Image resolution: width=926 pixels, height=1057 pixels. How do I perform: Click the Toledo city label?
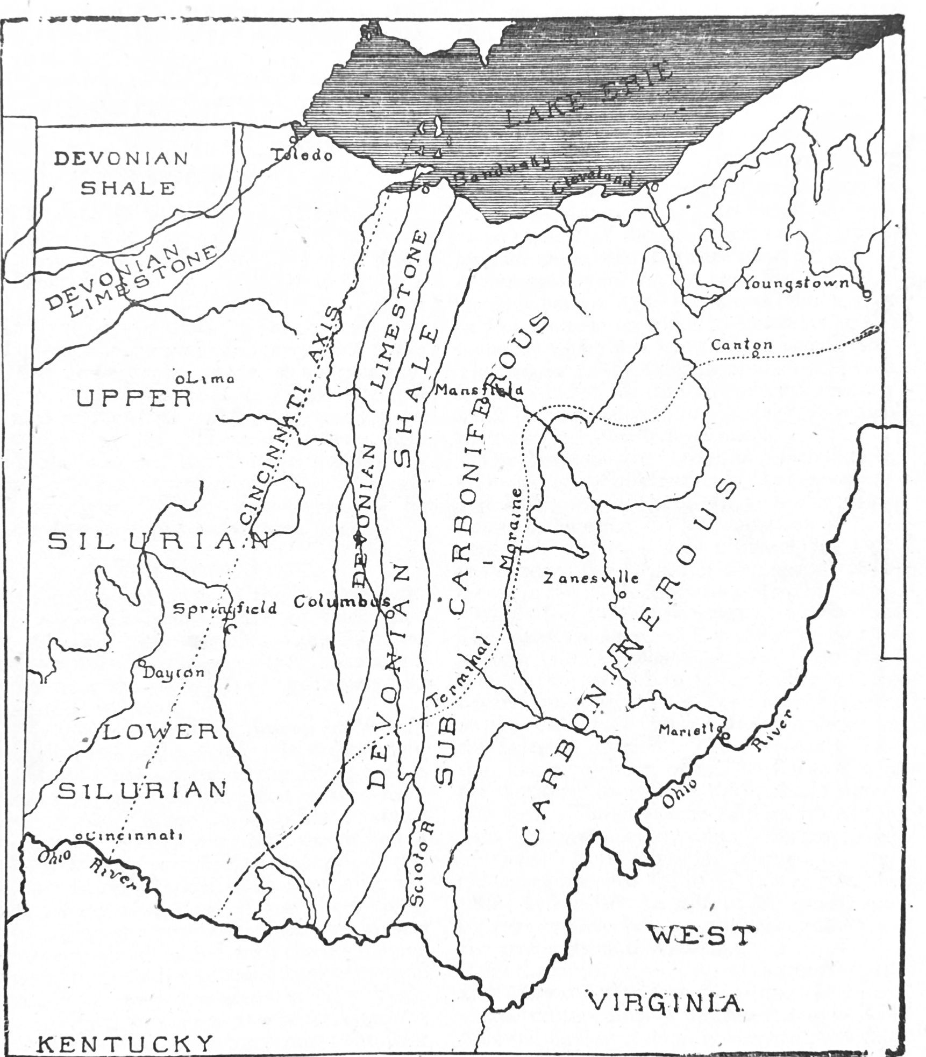point(302,155)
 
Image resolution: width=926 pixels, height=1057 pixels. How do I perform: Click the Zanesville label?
point(590,579)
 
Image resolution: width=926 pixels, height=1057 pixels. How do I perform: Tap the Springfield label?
point(224,608)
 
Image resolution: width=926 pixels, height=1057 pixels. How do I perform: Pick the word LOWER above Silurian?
point(159,732)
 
